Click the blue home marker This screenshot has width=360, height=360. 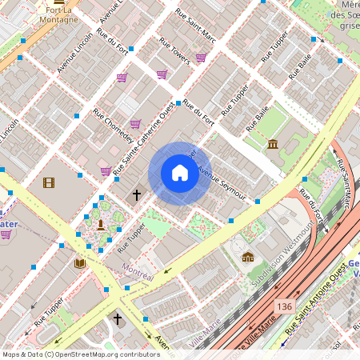coord(180,173)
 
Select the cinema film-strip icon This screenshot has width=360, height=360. coord(50,182)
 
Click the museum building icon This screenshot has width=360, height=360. coord(273,144)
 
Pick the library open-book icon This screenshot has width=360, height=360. coord(80,262)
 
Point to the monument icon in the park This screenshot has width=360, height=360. coord(101,223)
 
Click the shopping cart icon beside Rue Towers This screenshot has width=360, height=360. coord(201,58)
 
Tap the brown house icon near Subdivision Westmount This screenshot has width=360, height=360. coord(248,257)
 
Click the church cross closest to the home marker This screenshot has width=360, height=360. coord(136,194)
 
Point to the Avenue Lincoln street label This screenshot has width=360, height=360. coord(75,54)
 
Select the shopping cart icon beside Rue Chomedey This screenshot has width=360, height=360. coord(135,124)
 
